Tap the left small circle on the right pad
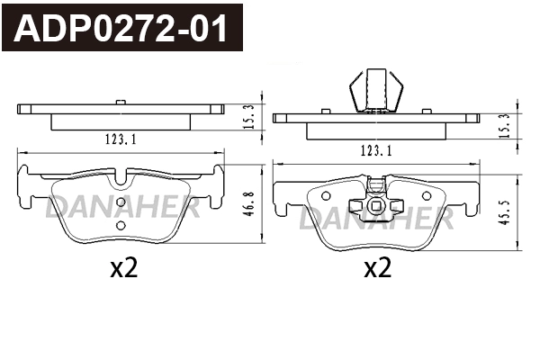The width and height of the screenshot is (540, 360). pos(326,193)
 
